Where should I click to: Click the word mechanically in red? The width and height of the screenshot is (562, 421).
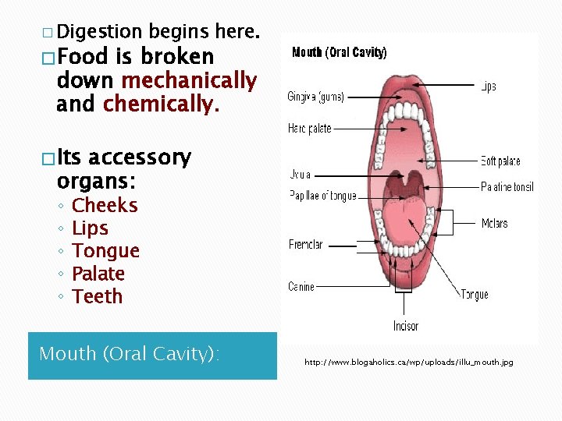pyautogui.click(x=189, y=80)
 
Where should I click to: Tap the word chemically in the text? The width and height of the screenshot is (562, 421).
pyautogui.click(x=161, y=104)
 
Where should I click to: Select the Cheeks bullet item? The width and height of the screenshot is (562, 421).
pyautogui.click(x=105, y=206)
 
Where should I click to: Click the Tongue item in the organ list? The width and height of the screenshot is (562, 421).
pyautogui.click(x=105, y=251)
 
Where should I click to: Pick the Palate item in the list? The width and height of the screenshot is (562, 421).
pyautogui.click(x=98, y=274)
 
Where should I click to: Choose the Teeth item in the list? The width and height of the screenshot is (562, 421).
pyautogui.click(x=97, y=296)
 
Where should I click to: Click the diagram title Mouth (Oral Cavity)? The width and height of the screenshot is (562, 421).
pyautogui.click(x=339, y=53)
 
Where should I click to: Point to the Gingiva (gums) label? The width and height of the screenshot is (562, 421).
pyautogui.click(x=315, y=97)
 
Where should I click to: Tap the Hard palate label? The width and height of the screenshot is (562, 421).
pyautogui.click(x=309, y=128)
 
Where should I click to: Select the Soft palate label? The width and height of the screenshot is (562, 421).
pyautogui.click(x=500, y=161)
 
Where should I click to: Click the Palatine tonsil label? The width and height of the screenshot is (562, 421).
pyautogui.click(x=507, y=187)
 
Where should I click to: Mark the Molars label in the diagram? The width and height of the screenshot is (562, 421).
pyautogui.click(x=494, y=224)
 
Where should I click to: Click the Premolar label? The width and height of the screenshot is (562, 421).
pyautogui.click(x=306, y=245)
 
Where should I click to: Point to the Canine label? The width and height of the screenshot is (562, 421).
pyautogui.click(x=301, y=287)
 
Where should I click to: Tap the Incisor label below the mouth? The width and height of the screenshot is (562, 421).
pyautogui.click(x=406, y=326)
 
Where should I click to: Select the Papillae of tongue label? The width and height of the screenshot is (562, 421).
pyautogui.click(x=322, y=196)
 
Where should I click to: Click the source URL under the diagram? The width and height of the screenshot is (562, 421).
pyautogui.click(x=408, y=363)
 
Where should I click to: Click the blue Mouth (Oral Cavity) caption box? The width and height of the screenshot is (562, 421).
pyautogui.click(x=152, y=356)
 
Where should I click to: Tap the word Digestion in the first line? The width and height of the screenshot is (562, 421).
pyautogui.click(x=99, y=32)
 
